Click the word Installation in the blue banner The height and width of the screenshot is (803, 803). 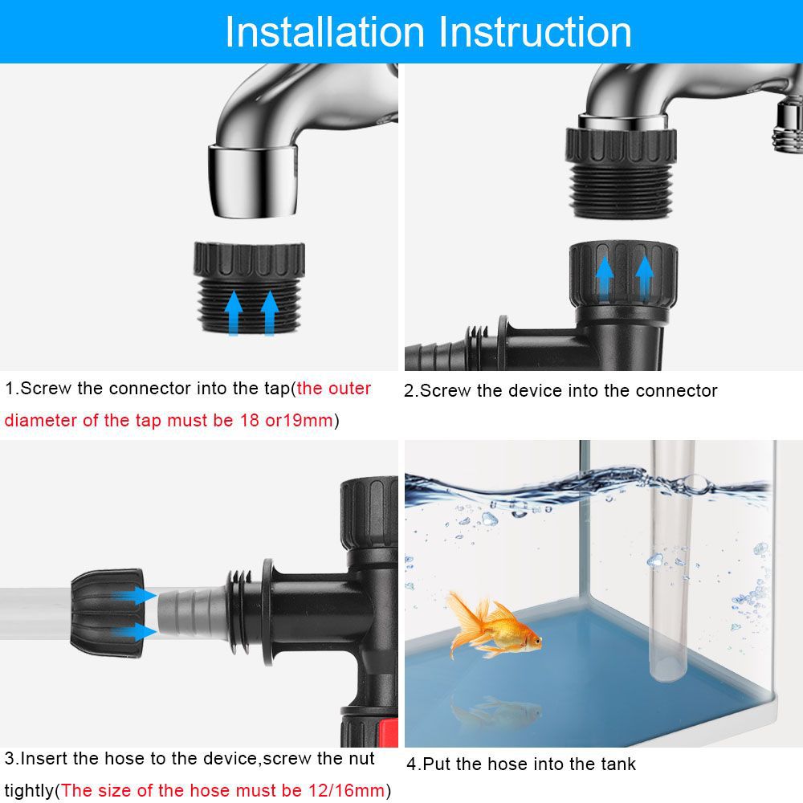tap(324, 32)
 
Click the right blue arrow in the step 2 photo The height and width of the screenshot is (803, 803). tap(644, 275)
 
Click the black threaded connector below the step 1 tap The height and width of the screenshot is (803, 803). tap(249, 285)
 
